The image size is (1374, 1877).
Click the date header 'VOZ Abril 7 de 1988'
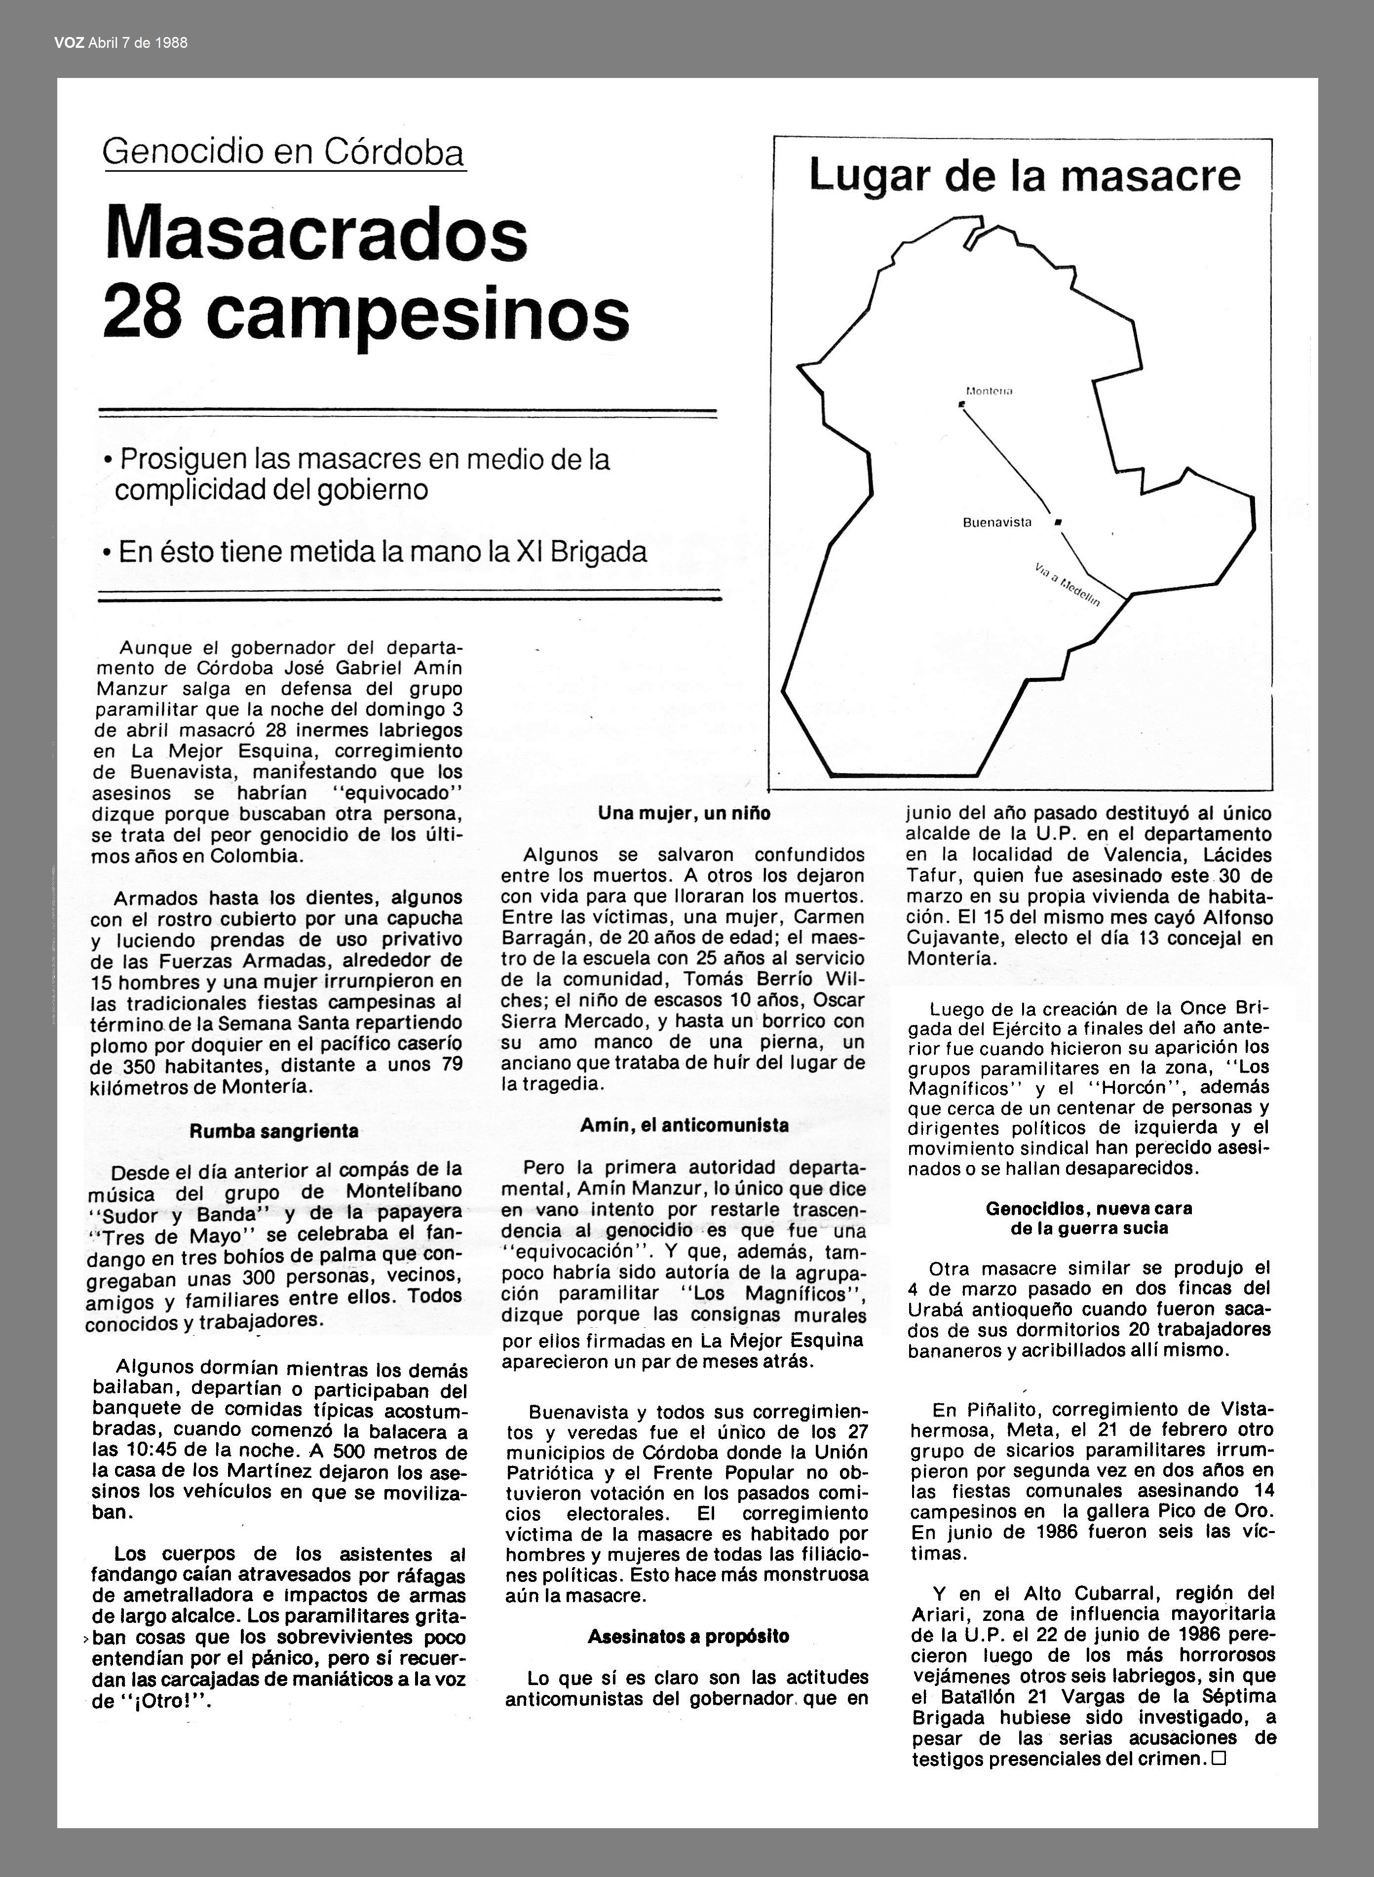120,42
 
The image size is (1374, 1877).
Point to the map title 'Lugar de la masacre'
1024,176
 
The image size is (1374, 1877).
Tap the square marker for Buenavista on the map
1058,522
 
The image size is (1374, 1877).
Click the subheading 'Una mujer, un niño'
684,813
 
